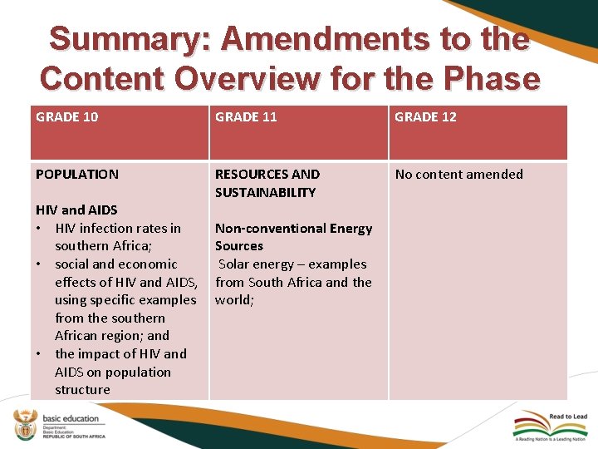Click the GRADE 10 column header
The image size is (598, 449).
tap(66, 117)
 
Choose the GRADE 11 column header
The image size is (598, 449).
tap(246, 117)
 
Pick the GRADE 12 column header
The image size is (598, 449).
tap(425, 117)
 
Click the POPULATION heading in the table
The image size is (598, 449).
tap(76, 175)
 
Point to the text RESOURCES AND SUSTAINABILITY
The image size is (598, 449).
tap(267, 183)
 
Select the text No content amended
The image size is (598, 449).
tap(458, 175)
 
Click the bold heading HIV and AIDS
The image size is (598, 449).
tap(76, 210)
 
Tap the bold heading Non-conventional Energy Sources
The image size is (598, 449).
tap(293, 237)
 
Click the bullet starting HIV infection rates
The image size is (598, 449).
tap(117, 237)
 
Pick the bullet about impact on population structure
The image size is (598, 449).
tap(120, 372)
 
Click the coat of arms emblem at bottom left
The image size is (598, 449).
tap(27, 424)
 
